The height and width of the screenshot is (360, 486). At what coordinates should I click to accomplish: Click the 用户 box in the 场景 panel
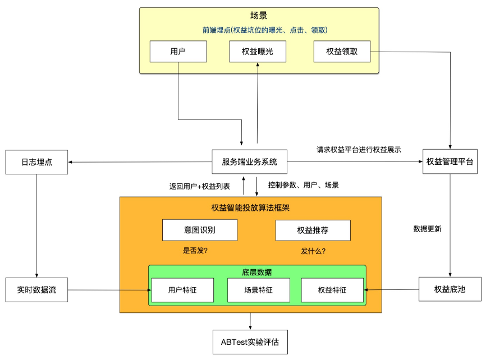point(178,52)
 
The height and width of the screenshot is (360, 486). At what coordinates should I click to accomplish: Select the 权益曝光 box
point(258,52)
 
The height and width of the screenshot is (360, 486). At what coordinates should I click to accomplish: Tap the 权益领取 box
point(342,52)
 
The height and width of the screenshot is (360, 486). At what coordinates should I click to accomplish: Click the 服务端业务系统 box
point(250,162)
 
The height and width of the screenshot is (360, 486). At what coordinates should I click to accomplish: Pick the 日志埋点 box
point(36,162)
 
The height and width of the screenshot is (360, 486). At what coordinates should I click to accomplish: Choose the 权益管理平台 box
point(450,162)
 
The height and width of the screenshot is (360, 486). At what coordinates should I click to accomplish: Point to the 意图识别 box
point(199,230)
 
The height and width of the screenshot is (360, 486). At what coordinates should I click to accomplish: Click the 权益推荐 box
point(313,230)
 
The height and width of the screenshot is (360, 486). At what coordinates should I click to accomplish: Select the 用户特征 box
point(182,290)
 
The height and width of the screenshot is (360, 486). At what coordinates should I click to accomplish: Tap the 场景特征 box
point(258,290)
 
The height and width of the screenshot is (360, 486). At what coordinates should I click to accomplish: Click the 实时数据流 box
point(36,290)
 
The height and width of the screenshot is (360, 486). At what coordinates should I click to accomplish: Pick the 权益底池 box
point(450,290)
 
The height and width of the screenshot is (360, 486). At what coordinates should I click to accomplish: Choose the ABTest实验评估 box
point(250,342)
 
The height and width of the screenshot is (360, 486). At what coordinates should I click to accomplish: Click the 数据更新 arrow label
point(428,229)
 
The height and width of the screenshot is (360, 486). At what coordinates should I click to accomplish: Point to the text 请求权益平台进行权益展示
point(359,150)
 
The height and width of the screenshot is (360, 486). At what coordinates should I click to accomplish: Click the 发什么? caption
point(314,251)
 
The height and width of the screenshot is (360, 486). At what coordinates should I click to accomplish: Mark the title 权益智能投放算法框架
point(250,208)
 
